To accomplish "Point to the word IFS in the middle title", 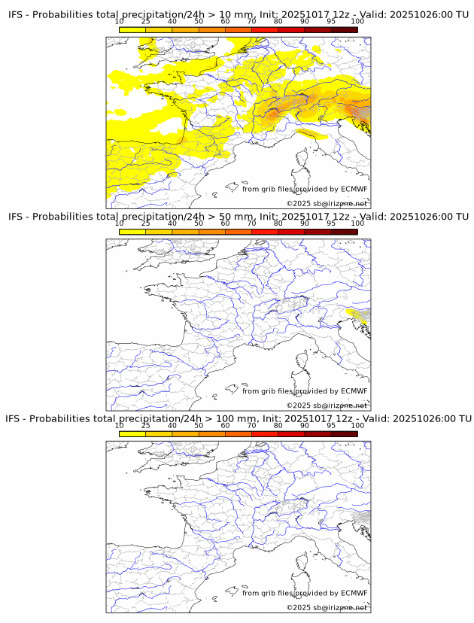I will click(x=17, y=217).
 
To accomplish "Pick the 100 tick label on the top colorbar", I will click(x=357, y=22).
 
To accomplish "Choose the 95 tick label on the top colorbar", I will click(x=331, y=22).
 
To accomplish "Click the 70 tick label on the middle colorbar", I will click(x=251, y=223).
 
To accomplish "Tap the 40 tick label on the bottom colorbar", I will click(x=172, y=426).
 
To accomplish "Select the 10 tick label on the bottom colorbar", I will click(x=120, y=426).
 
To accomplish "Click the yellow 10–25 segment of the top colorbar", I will click(x=132, y=30).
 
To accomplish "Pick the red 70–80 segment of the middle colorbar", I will click(x=264, y=232).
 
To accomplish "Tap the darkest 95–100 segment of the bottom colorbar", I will click(x=344, y=434).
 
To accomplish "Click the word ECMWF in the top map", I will click(x=354, y=189).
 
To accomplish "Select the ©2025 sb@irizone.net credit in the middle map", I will click(x=327, y=406).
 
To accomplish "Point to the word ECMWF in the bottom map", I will click(x=354, y=593).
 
